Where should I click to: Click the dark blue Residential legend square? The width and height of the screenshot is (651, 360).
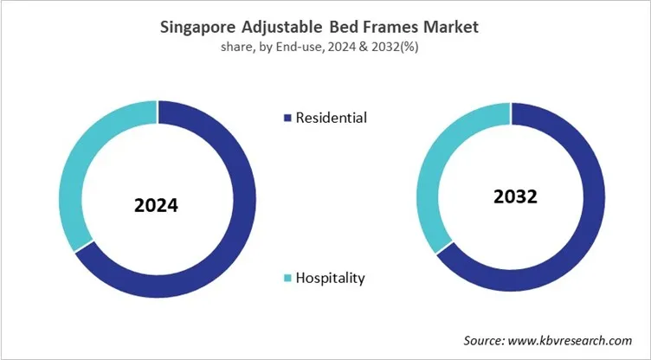287,118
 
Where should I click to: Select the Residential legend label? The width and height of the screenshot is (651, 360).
331,118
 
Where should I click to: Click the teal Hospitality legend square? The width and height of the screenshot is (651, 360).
287,278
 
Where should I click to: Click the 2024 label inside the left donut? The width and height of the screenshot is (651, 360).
156,206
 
